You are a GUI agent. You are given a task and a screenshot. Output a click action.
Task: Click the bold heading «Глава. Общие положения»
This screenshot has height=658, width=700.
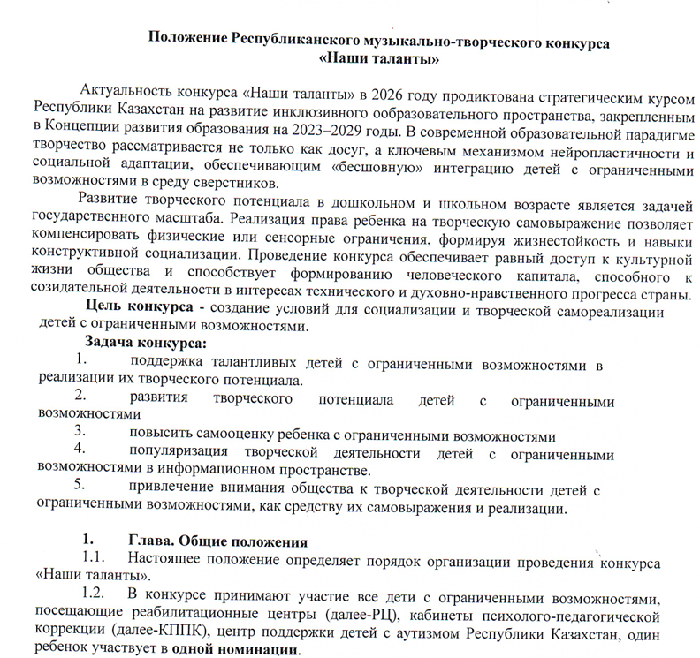pyautogui.click(x=217, y=541)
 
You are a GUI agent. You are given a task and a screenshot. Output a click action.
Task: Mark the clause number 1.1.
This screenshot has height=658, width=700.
pyautogui.click(x=95, y=558)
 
